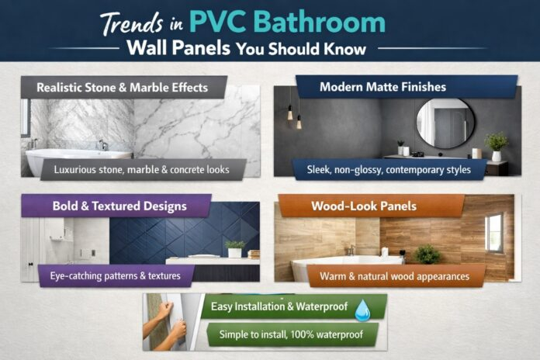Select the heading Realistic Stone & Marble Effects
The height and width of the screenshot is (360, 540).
click(x=123, y=88)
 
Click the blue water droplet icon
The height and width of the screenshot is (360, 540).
click(x=362, y=311)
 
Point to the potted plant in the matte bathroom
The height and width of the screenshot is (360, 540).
click(x=496, y=145)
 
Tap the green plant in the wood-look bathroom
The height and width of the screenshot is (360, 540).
click(x=426, y=254)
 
